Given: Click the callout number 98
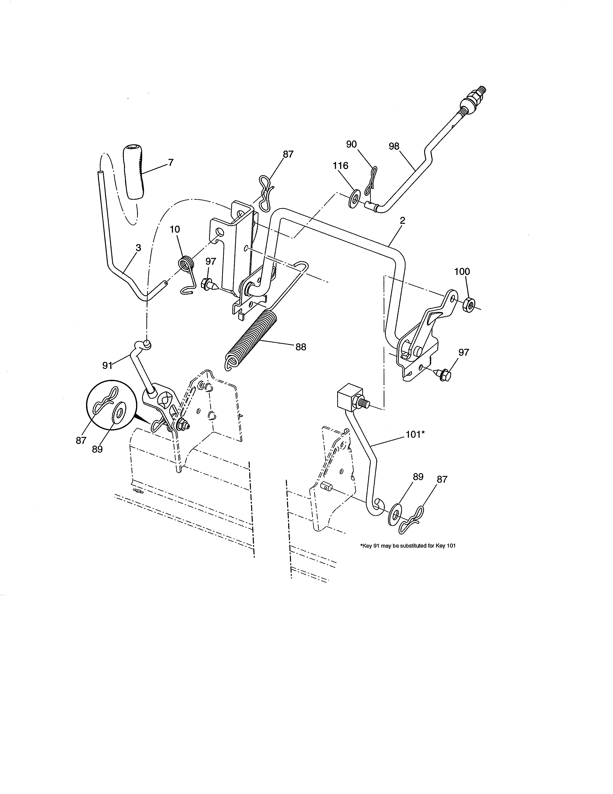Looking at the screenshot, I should pos(394,146).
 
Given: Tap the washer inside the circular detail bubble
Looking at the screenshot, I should pos(119,415).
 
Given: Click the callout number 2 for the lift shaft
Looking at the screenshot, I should pos(403,221).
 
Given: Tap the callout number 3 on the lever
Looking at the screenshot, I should pos(138,248).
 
